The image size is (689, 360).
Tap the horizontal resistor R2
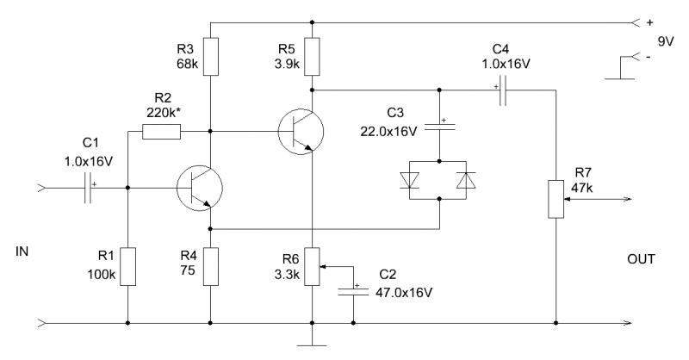click(161, 132)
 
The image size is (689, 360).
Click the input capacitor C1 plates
click(90, 187)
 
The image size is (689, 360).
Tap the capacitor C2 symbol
click(352, 291)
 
